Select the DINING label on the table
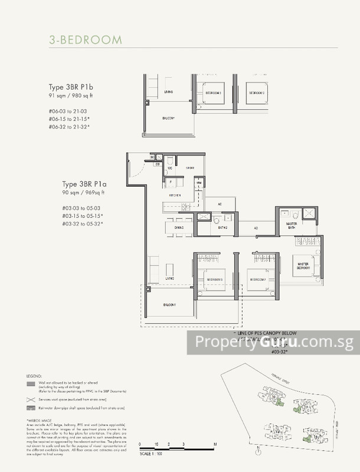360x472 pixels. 179,227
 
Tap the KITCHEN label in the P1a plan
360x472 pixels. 175,195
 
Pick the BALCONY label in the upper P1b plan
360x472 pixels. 169,119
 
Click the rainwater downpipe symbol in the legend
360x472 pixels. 31,408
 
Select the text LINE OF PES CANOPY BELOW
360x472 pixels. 266,334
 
